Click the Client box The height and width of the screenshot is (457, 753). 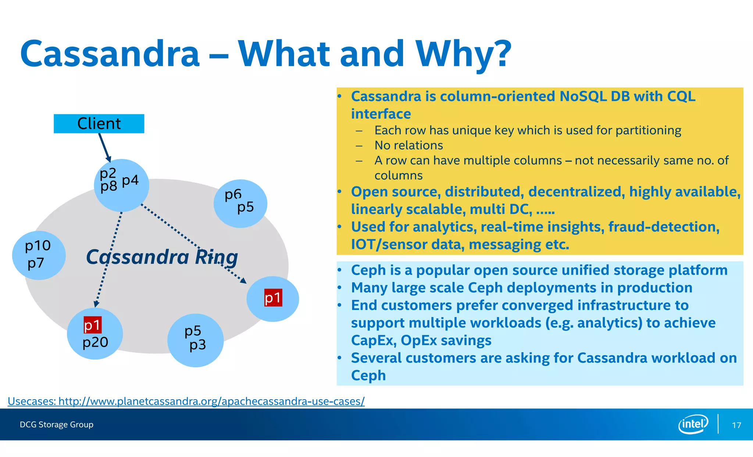pyautogui.click(x=99, y=124)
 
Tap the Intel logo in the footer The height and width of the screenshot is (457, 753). pyautogui.click(x=693, y=424)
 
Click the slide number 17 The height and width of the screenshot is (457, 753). pyautogui.click(x=736, y=425)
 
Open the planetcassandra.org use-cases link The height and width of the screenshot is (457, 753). pyautogui.click(x=186, y=401)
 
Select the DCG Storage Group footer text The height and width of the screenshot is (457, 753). pyautogui.click(x=57, y=425)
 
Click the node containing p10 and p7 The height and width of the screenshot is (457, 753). pyautogui.click(x=39, y=255)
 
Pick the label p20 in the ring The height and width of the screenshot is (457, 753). pyautogui.click(x=95, y=342)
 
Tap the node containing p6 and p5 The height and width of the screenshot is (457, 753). pyautogui.click(x=240, y=203)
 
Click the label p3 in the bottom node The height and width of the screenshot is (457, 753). pyautogui.click(x=197, y=345)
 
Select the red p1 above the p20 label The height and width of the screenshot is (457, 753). pyautogui.click(x=92, y=325)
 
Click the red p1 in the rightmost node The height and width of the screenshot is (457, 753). pyautogui.click(x=273, y=297)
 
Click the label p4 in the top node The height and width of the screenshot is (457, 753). pyautogui.click(x=130, y=180)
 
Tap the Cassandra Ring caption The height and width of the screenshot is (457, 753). pyautogui.click(x=162, y=257)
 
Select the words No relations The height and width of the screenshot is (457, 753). pyautogui.click(x=408, y=145)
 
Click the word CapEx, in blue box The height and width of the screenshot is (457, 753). pyautogui.click(x=373, y=340)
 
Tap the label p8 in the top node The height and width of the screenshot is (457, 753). pyautogui.click(x=108, y=186)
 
